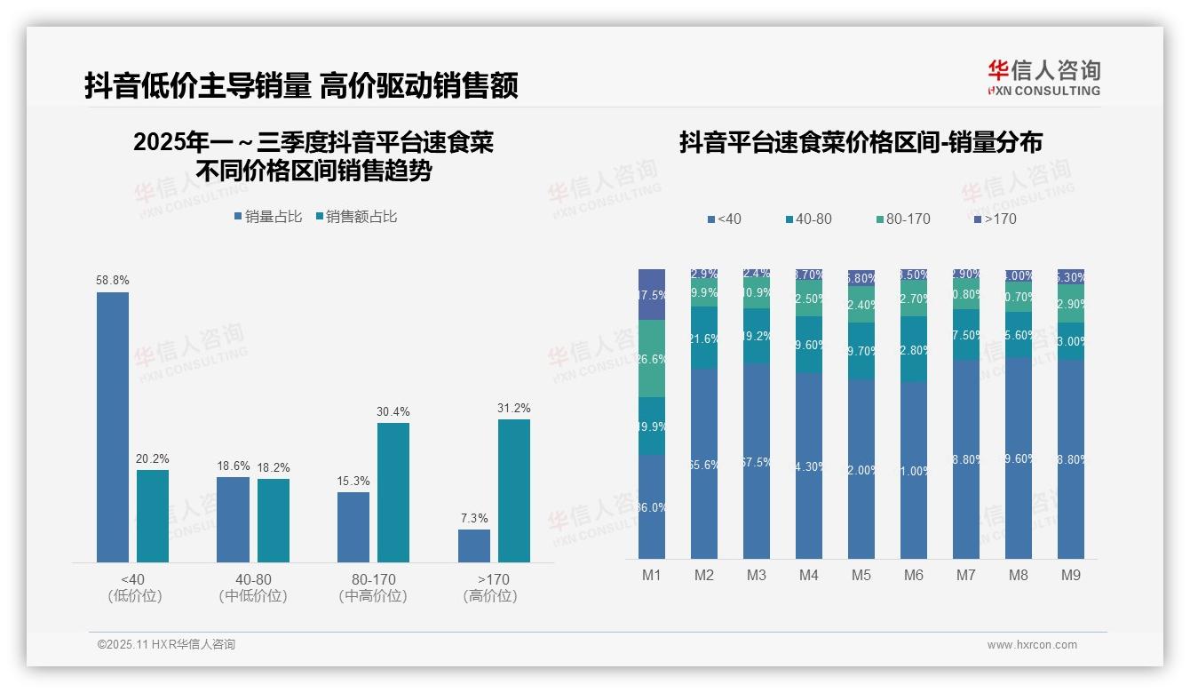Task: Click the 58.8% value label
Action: pyautogui.click(x=113, y=280)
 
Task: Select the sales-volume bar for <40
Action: pyautogui.click(x=113, y=426)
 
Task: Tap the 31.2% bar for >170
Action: pyautogui.click(x=513, y=490)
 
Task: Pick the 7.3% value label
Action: pyautogui.click(x=474, y=518)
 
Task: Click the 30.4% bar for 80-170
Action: pyautogui.click(x=393, y=492)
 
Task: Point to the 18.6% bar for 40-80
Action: pyautogui.click(x=233, y=519)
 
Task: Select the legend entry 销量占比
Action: pyautogui.click(x=268, y=216)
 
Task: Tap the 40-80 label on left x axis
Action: pyautogui.click(x=253, y=579)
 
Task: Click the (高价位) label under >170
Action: pyautogui.click(x=490, y=596)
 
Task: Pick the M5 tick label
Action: pyautogui.click(x=861, y=575)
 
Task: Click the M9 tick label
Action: pyautogui.click(x=1070, y=575)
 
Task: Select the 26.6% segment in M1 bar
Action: pyautogui.click(x=652, y=359)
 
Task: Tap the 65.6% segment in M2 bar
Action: pyautogui.click(x=703, y=464)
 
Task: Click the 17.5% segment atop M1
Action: pyautogui.click(x=652, y=294)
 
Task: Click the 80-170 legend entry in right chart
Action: pyautogui.click(x=902, y=219)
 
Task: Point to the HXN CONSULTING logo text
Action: pyautogui.click(x=1044, y=91)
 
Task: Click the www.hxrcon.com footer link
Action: pyautogui.click(x=1032, y=645)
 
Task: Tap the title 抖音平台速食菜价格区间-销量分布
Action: pyautogui.click(x=861, y=142)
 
